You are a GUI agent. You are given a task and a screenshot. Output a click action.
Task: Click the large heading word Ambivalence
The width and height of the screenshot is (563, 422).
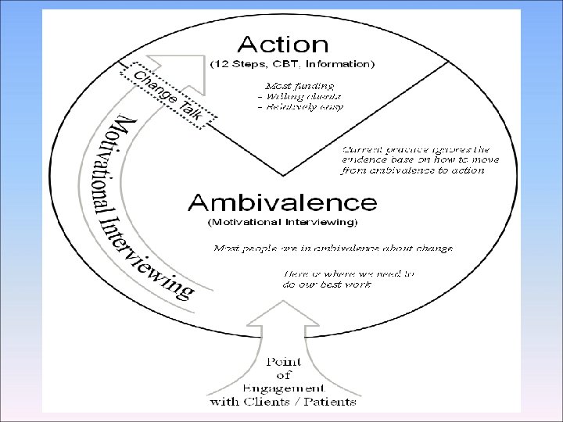[282, 203]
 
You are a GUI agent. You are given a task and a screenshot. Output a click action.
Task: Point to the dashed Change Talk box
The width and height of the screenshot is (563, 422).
[167, 95]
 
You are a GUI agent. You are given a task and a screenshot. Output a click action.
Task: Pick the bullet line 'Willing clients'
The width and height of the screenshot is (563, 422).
[299, 95]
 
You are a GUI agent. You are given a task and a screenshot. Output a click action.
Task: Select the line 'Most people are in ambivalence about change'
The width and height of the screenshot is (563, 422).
[333, 249]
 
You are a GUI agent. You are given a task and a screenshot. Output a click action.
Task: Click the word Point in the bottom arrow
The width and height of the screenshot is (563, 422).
[284, 362]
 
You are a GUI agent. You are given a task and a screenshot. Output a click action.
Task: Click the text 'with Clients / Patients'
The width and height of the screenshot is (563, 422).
[282, 402]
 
